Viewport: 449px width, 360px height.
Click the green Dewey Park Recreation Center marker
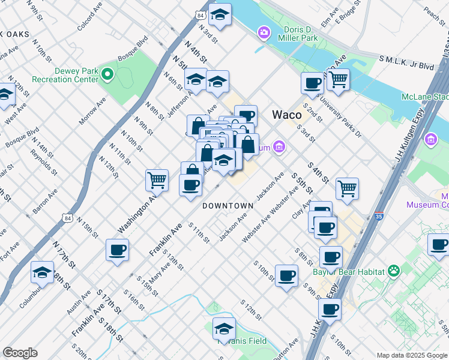point(107,75)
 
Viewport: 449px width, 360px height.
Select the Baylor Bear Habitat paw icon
point(394,271)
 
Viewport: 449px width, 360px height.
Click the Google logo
point(20,353)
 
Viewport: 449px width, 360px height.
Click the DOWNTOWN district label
point(228,206)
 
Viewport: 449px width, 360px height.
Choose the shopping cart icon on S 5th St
point(347,188)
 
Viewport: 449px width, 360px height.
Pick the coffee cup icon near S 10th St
point(286,275)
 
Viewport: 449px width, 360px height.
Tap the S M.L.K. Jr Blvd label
point(406,62)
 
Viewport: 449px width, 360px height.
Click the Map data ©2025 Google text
point(411,355)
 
